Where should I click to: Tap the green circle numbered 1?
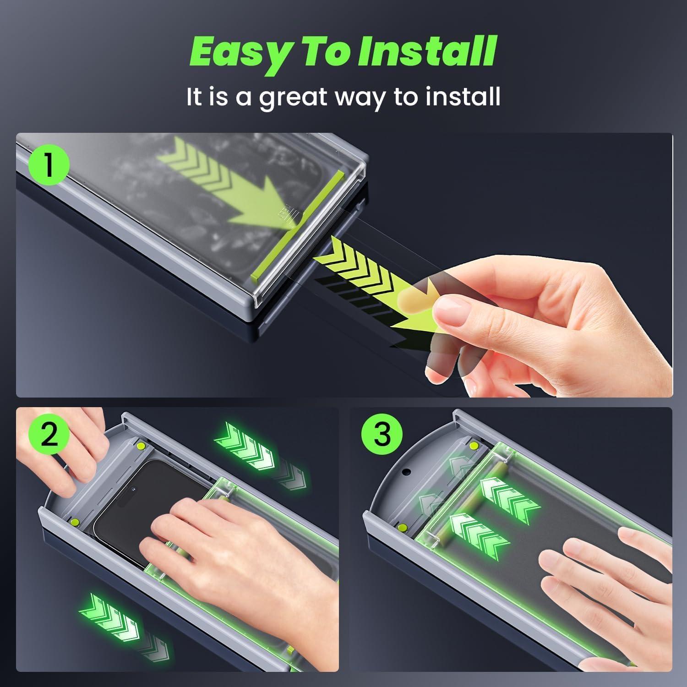pos(49,165)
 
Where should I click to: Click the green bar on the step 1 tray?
pos(298,224)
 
